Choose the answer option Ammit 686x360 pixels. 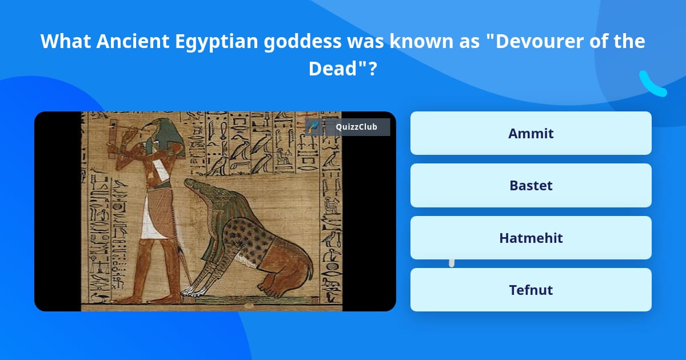(x=531, y=133)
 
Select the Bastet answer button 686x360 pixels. (x=531, y=185)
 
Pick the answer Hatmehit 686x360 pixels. (x=531, y=238)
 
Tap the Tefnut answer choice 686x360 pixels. (x=531, y=290)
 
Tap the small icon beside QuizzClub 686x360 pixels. (x=313, y=127)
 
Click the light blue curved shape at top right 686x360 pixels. (x=652, y=85)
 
